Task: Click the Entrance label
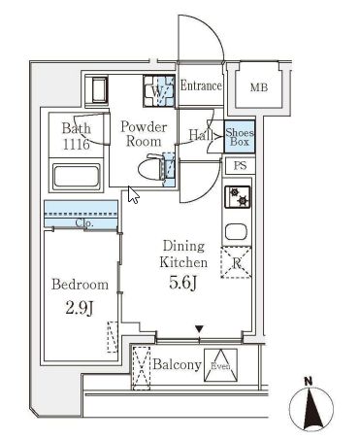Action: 201,85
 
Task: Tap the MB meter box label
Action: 259,87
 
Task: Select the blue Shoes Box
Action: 240,137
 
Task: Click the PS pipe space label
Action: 240,165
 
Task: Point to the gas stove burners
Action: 238,197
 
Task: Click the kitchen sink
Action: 236,232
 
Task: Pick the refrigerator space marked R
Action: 236,262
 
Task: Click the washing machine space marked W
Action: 159,91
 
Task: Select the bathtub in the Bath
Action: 77,176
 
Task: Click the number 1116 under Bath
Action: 77,144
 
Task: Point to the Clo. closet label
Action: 84,223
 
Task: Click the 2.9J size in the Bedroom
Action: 80,308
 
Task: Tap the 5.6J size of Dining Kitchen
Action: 183,283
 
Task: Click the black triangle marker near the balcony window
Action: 199,329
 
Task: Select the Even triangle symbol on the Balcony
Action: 220,365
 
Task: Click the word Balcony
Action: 178,364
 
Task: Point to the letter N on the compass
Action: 309,381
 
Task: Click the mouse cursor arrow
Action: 133,195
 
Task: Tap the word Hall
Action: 201,135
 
